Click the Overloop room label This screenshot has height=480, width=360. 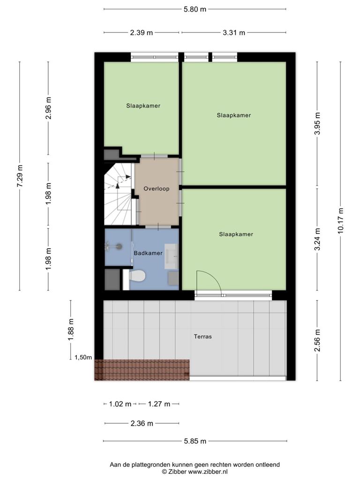coord(157,188)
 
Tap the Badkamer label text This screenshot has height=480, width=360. coord(148,253)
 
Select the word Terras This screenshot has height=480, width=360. coord(202,337)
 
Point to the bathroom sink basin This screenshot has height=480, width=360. coord(171,254)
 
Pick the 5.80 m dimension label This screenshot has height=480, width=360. coord(195,9)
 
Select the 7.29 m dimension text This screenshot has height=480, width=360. coord(20,176)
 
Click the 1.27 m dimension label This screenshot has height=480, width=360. coord(159,404)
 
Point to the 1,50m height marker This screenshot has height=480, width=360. coord(83,357)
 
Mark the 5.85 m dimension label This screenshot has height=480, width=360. coord(195,441)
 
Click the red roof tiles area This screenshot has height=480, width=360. coord(142,370)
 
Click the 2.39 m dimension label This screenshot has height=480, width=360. coord(142,32)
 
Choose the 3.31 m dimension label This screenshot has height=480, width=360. coord(234,32)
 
